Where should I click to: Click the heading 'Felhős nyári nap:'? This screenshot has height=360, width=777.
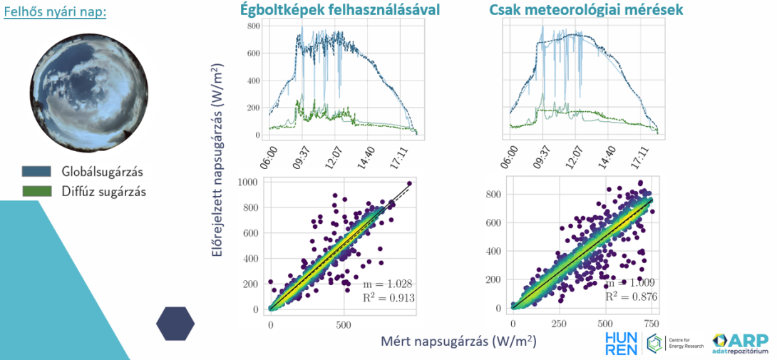click(55, 13)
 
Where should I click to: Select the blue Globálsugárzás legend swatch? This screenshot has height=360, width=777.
click(36, 171)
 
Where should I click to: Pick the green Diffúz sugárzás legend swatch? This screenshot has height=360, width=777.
click(36, 191)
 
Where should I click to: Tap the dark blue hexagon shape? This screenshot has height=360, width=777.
click(175, 324)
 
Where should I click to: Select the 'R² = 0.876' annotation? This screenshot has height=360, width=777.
click(630, 297)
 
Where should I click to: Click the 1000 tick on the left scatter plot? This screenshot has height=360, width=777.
click(249, 182)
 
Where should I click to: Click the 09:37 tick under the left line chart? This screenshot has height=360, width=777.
click(302, 154)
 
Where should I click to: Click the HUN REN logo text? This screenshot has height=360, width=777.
click(621, 342)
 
